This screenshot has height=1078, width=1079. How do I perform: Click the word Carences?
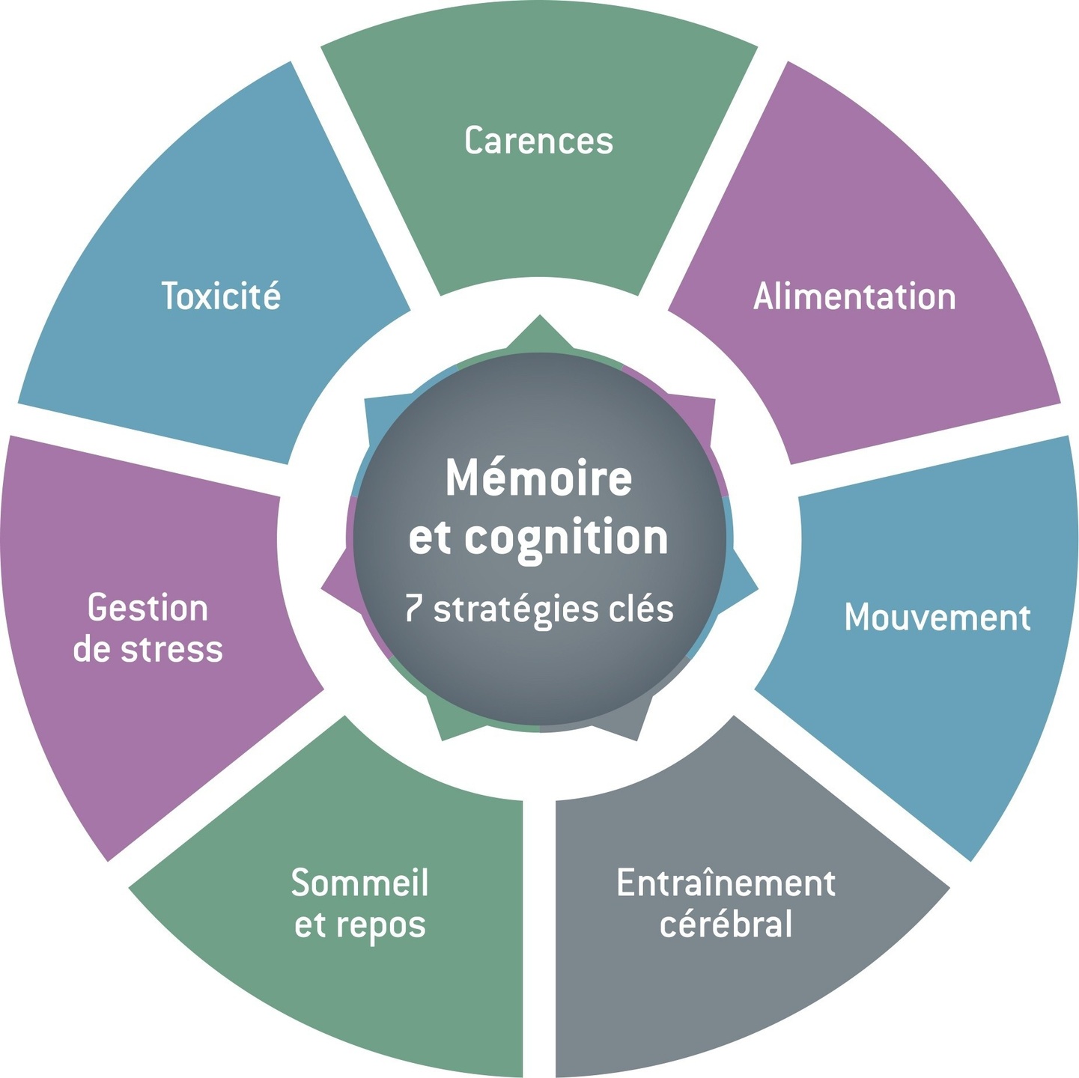(x=538, y=141)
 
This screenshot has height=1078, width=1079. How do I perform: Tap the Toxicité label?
(x=221, y=296)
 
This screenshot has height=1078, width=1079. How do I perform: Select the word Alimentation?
(x=854, y=296)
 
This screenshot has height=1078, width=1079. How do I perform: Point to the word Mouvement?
(x=937, y=618)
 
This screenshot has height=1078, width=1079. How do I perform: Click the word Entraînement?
(x=726, y=883)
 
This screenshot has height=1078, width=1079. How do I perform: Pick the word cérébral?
(x=726, y=924)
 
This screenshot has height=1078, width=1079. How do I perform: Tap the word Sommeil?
(x=359, y=883)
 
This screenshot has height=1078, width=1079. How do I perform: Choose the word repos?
(x=381, y=925)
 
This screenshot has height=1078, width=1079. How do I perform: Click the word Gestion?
(x=148, y=608)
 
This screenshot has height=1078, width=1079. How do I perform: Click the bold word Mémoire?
(x=538, y=478)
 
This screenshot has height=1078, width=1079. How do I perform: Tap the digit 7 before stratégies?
(x=413, y=608)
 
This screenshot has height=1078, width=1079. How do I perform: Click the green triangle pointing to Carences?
(x=539, y=335)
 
